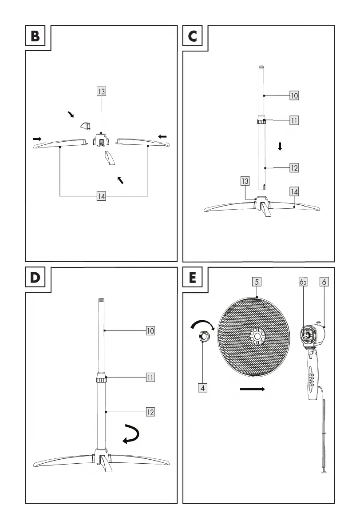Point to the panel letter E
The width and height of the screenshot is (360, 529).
coord(193,278)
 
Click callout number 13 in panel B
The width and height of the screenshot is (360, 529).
coord(102,91)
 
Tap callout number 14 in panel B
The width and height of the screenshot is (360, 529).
coord(102,196)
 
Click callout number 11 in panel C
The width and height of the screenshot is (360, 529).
coord(294,120)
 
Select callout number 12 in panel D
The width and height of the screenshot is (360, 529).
coord(150,412)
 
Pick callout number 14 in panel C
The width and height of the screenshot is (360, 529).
coord(294,191)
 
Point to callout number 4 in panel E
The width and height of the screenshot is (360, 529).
coord(202,387)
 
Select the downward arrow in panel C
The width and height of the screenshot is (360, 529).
coord(280,146)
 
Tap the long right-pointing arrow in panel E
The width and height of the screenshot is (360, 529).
coord(252,390)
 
